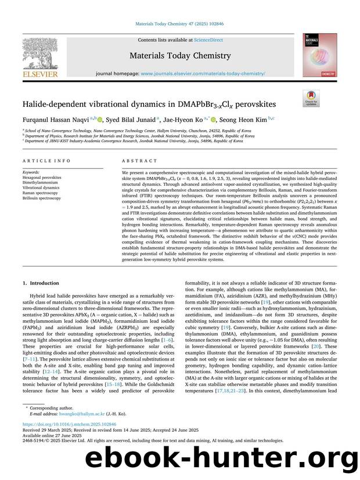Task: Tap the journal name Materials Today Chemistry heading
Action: pos(179,56)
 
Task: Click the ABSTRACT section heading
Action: pos(139,161)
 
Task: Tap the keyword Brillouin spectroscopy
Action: pos(41,199)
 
